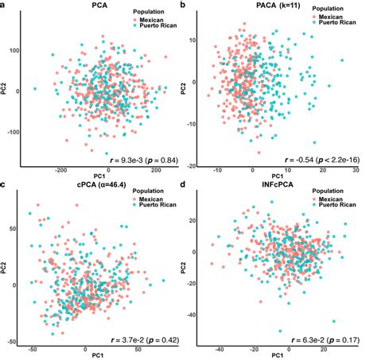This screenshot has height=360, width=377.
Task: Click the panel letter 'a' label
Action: tap(4, 6)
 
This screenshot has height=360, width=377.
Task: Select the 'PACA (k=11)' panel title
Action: tap(280, 6)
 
